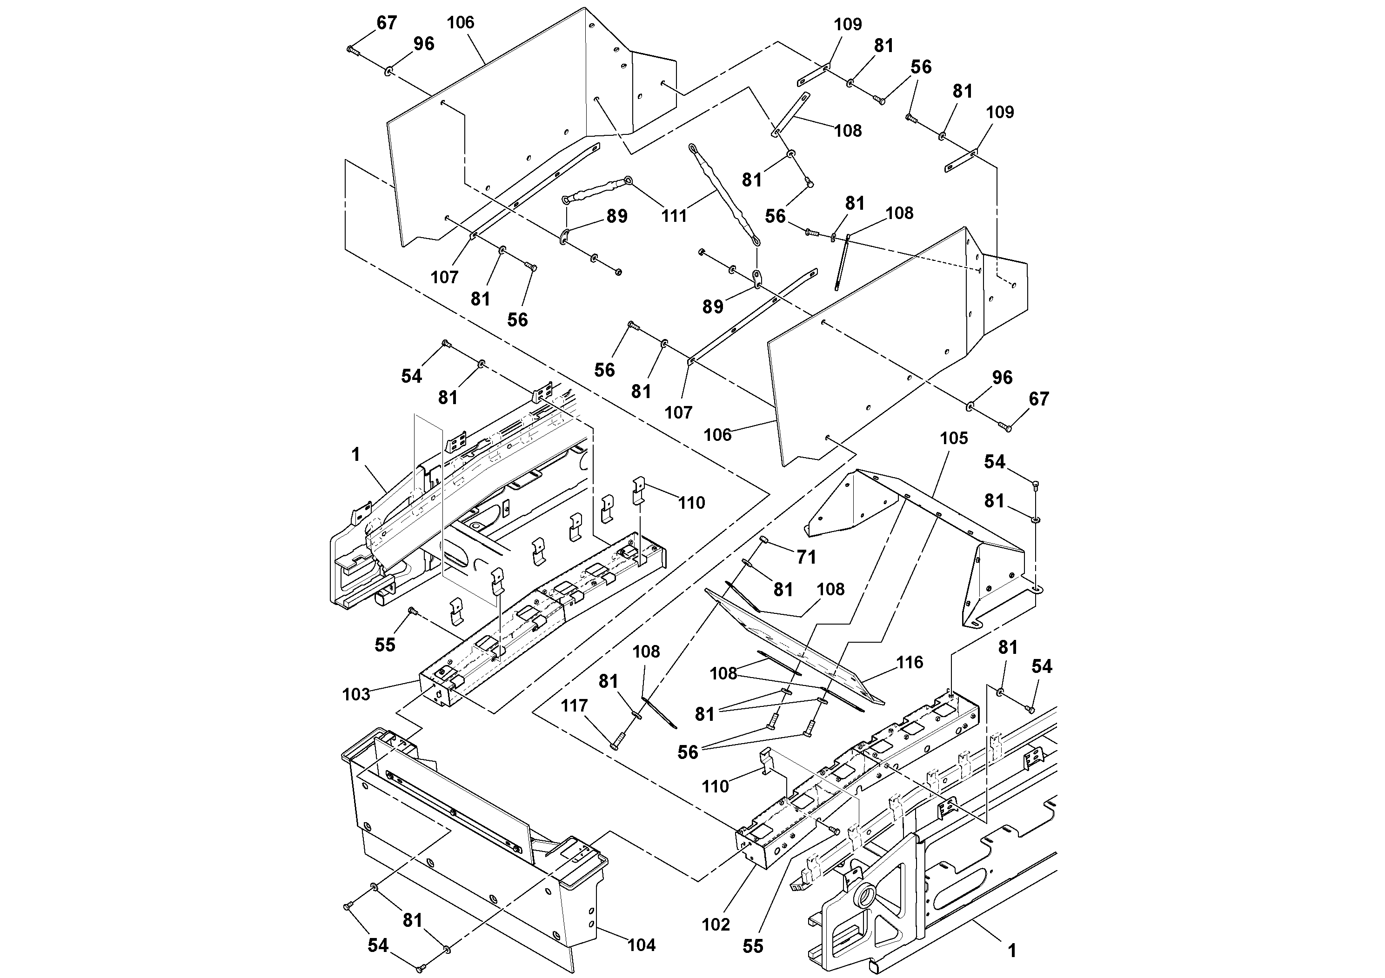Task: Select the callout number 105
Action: click(x=954, y=439)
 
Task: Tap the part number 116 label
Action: click(x=910, y=662)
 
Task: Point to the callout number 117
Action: click(x=574, y=705)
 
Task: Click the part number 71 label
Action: click(x=806, y=557)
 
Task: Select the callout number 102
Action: click(x=716, y=925)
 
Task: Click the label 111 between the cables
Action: click(x=674, y=216)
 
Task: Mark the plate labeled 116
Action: click(x=784, y=645)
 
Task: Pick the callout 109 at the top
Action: click(x=848, y=25)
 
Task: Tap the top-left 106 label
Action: click(x=460, y=23)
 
